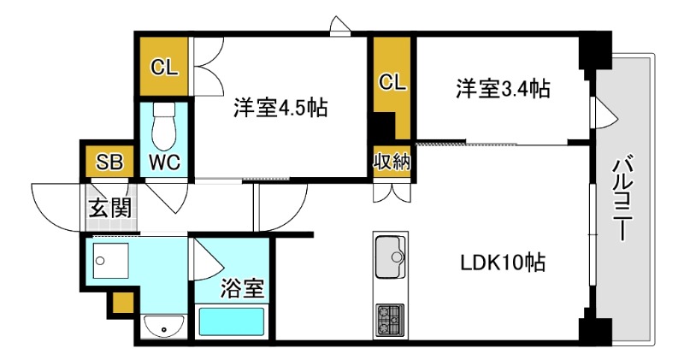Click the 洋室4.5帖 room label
pyautogui.click(x=280, y=108)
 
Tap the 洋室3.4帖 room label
pyautogui.click(x=503, y=89)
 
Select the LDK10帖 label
pyautogui.click(x=504, y=263)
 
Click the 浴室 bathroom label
pyautogui.click(x=242, y=288)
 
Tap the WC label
pyautogui.click(x=164, y=162)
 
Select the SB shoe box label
pyautogui.click(x=109, y=162)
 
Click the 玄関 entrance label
pyautogui.click(x=110, y=208)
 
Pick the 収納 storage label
pyautogui.click(x=392, y=162)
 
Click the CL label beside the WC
pyautogui.click(x=164, y=68)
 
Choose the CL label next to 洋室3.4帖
pyautogui.click(x=392, y=82)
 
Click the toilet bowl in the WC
pyautogui.click(x=164, y=128)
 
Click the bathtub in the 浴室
pyautogui.click(x=232, y=322)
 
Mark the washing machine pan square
pyautogui.click(x=111, y=261)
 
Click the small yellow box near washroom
pyautogui.click(x=123, y=304)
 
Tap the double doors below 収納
pyautogui.click(x=392, y=192)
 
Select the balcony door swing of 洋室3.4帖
pyautogui.click(x=604, y=113)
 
